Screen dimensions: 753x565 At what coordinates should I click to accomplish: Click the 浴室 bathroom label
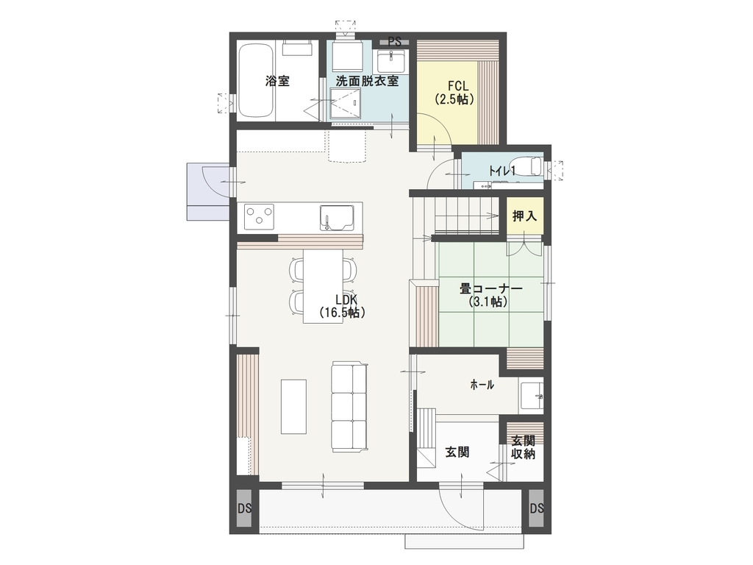pyautogui.click(x=277, y=81)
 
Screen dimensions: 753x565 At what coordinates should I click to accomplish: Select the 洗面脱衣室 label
pyautogui.click(x=367, y=81)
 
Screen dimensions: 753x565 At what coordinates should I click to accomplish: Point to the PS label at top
pyautogui.click(x=395, y=42)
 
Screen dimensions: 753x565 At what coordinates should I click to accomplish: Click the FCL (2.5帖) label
pyautogui.click(x=454, y=93)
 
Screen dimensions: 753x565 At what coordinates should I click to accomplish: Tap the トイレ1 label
pyautogui.click(x=502, y=171)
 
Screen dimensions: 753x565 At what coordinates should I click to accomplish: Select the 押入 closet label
pyautogui.click(x=524, y=216)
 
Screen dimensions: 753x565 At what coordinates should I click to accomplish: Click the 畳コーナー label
pyautogui.click(x=490, y=288)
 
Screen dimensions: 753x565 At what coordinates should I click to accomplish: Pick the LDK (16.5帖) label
pyautogui.click(x=343, y=306)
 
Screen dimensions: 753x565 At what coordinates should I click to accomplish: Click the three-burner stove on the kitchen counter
pyautogui.click(x=259, y=217)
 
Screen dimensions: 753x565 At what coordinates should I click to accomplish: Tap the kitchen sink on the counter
pyautogui.click(x=337, y=217)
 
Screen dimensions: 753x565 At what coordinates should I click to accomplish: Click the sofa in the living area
pyautogui.click(x=349, y=407)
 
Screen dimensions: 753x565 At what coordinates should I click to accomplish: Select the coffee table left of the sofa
pyautogui.click(x=293, y=407)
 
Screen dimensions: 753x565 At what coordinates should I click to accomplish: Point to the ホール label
pyautogui.click(x=482, y=384)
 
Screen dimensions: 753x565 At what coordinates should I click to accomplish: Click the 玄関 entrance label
pyautogui.click(x=457, y=452)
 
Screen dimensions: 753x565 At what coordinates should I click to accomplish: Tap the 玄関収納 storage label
pyautogui.click(x=523, y=447)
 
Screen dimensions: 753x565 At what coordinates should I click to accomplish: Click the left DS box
pyautogui.click(x=245, y=508)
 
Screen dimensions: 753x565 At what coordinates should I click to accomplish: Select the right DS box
pyautogui.click(x=537, y=508)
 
